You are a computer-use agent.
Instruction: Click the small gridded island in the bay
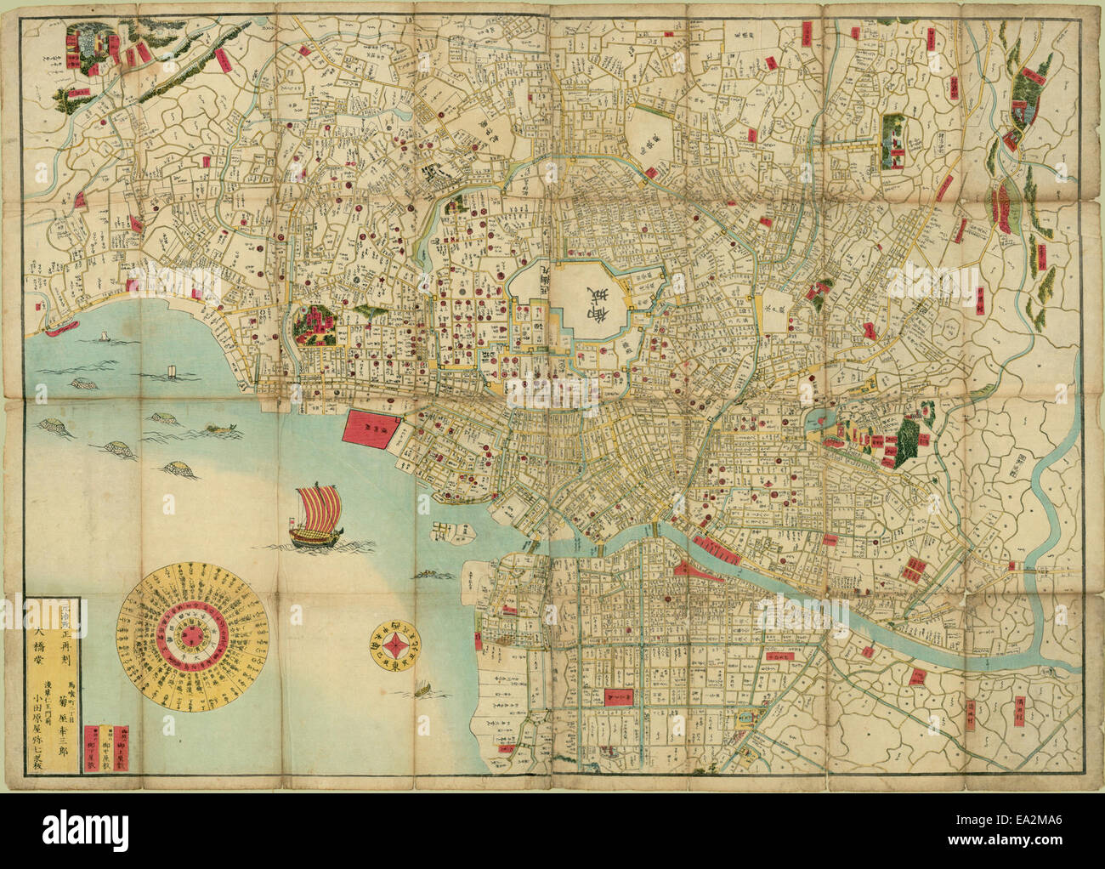coord(447,532)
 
